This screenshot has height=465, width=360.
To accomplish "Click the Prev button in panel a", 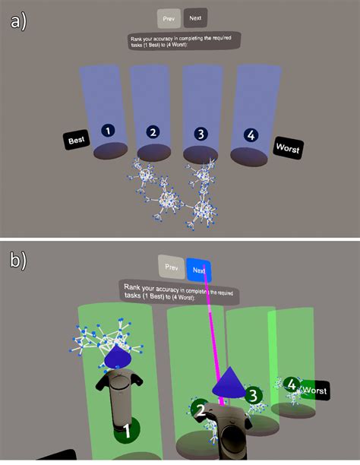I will tap(169, 19).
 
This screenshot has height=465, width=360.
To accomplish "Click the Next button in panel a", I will tap(195, 19).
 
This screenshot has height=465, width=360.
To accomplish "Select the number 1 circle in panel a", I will tap(109, 131).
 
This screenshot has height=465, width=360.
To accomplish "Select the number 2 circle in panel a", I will tap(153, 132).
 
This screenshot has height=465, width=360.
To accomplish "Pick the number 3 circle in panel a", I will tap(201, 133).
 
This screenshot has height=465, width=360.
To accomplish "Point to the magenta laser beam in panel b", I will tap(215, 327).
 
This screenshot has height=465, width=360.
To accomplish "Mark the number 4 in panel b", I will tap(292, 384).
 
